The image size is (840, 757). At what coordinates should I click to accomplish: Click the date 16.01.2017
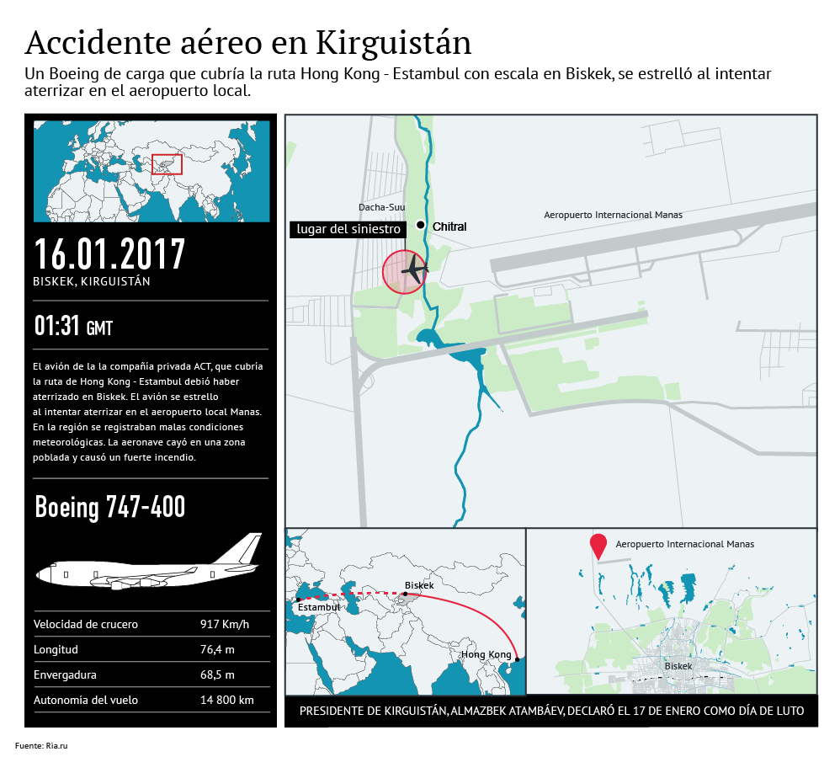109,253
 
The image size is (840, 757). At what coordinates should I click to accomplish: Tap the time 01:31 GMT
73,326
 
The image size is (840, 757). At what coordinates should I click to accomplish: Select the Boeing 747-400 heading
110,507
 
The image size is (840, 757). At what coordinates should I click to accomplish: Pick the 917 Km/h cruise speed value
225,624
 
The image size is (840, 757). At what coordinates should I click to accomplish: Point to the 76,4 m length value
217,649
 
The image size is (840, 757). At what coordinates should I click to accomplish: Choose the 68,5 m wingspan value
217,674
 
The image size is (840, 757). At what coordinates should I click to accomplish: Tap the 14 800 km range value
226,700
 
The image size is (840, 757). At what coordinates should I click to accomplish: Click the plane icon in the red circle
414,269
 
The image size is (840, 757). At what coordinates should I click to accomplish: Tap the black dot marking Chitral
421,226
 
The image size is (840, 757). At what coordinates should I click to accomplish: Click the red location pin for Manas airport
598,546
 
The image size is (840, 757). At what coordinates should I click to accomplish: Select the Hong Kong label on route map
486,655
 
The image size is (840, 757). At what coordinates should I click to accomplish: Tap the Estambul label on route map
319,606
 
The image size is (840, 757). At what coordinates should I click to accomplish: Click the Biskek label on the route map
419,585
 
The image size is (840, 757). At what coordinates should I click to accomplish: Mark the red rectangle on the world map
167,163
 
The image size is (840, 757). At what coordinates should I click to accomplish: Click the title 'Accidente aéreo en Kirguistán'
248,42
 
